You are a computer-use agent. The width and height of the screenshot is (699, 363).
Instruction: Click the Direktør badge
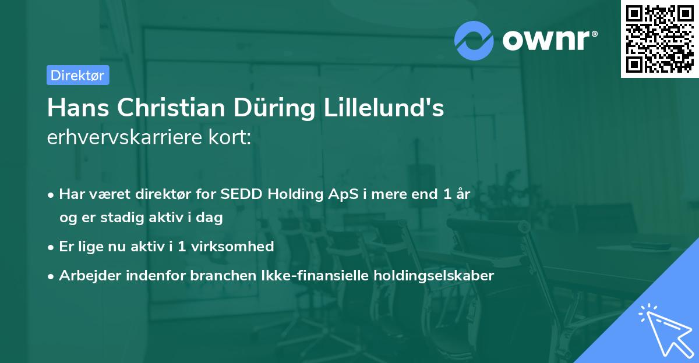(77, 75)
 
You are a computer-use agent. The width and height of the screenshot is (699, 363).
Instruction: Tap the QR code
(659, 39)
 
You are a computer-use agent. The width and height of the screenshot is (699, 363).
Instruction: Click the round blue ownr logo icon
(474, 40)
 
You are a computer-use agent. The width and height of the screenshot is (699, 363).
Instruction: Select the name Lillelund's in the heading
(387, 108)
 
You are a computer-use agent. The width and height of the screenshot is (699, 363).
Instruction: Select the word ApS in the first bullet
(338, 194)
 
